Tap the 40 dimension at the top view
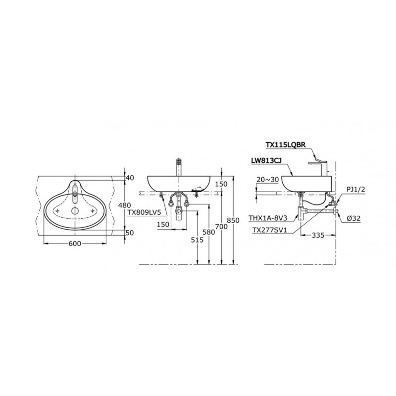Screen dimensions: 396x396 click(130, 178)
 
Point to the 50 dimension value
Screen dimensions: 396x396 click(130, 232)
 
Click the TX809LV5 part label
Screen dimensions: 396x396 click(143, 212)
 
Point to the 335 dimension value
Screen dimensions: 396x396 click(318, 236)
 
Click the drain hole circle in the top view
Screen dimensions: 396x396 click(75, 211)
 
